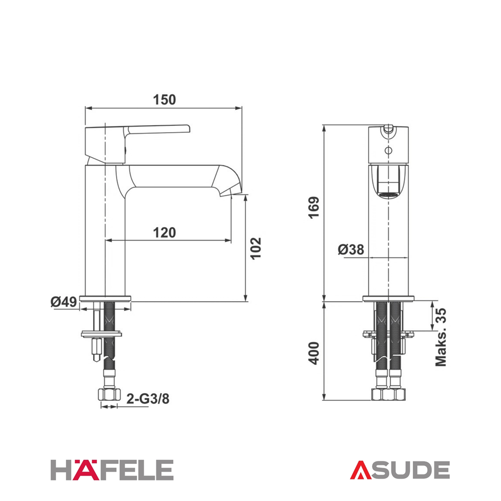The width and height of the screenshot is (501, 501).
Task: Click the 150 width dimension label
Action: [x=164, y=100]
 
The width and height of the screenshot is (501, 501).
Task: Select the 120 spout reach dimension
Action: [x=164, y=232]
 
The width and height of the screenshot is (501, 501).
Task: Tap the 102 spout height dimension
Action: [x=256, y=248]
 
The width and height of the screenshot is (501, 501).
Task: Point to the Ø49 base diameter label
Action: [x=64, y=302]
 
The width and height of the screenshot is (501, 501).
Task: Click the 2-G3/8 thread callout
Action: [x=148, y=399]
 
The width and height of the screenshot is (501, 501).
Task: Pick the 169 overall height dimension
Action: [x=314, y=207]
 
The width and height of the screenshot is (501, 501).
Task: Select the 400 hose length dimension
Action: [x=314, y=353]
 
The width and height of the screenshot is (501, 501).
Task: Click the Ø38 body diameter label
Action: [x=351, y=249]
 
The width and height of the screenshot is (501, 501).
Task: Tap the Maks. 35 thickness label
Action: [x=441, y=337]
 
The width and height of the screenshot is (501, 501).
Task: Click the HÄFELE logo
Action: [x=112, y=470]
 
